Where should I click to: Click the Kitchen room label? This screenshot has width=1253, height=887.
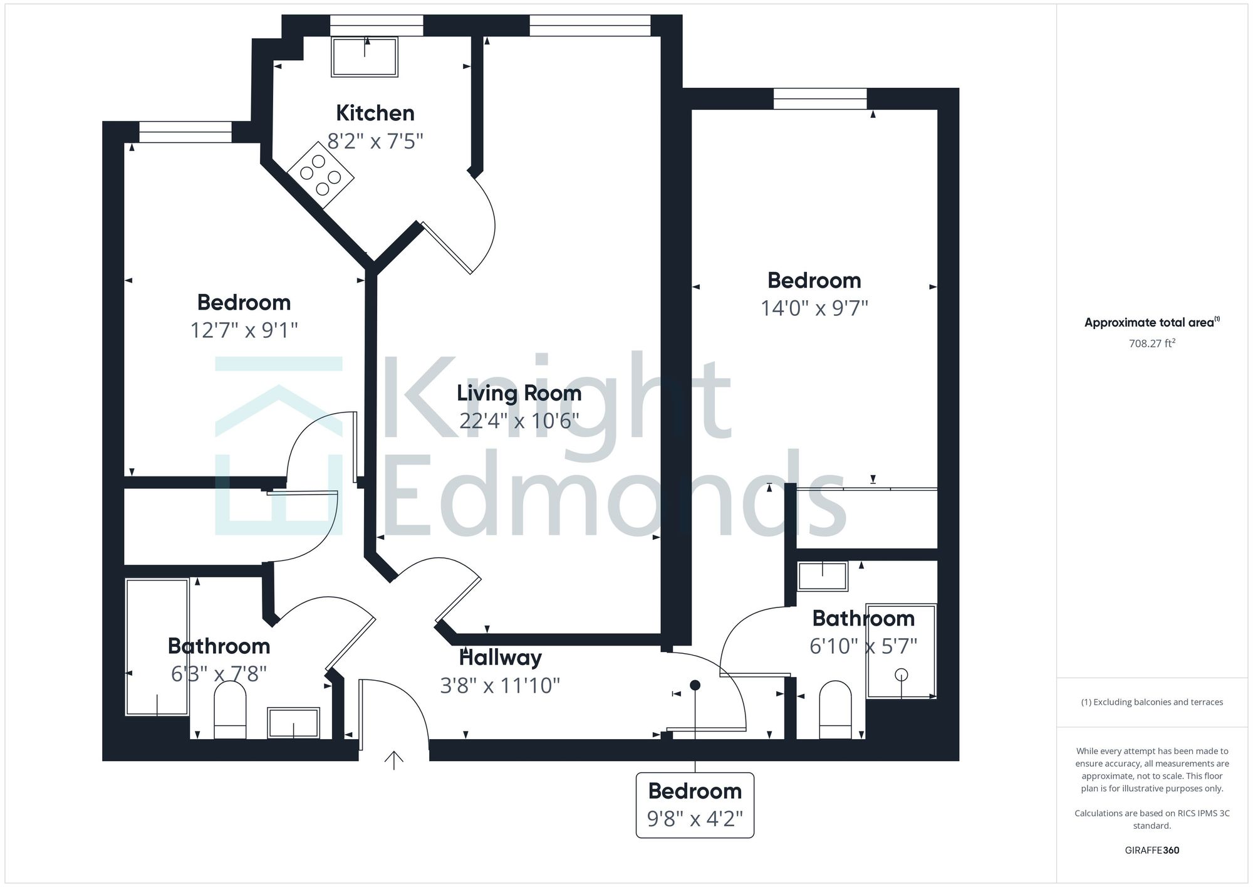coord(375,113)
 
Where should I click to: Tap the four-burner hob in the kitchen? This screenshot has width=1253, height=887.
coord(321,175)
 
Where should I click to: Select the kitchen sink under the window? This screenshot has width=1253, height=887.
coord(365,56)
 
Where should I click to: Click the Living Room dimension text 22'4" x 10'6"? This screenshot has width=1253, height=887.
coord(518,421)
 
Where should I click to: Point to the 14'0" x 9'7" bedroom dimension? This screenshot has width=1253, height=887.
coord(814,308)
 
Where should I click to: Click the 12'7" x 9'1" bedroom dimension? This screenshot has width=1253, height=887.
coord(244,330)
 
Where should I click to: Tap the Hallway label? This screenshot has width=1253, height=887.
coord(500,658)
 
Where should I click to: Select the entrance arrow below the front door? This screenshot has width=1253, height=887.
coord(393,760)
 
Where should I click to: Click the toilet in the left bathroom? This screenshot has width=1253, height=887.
coord(230,710)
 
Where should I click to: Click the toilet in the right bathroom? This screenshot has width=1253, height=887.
coord(835,710)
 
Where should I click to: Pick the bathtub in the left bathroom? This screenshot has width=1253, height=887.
coord(157,647)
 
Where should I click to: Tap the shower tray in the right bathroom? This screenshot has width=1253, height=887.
coord(901,651)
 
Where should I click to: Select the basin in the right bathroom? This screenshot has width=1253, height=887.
coord(823,575)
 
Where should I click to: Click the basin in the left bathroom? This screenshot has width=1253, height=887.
coord(293,723)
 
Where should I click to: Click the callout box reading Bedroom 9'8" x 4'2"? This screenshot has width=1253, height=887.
coord(695,805)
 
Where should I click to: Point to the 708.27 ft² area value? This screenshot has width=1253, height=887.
coord(1152,344)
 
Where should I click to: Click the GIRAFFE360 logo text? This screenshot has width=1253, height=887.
coord(1152,851)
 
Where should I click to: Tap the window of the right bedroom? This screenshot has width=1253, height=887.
coord(819,98)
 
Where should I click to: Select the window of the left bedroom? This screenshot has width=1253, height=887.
coord(185,132)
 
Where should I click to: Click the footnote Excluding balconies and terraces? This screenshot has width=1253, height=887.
coord(1152,702)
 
